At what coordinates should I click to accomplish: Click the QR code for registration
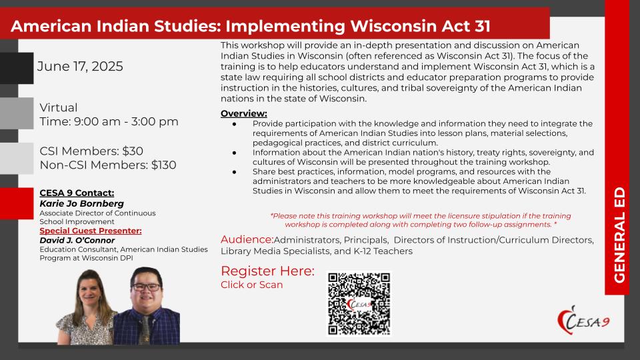(x=359, y=304)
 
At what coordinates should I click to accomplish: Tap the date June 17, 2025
(x=80, y=66)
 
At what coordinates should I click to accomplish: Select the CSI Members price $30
(x=133, y=151)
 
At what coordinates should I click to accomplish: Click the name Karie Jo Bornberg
(x=81, y=203)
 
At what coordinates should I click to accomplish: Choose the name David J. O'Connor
(x=77, y=241)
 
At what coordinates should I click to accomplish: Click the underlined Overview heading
(x=244, y=113)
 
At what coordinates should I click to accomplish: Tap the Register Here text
(x=268, y=271)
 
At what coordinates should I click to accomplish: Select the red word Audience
(x=247, y=239)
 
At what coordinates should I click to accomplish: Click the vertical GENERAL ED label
(x=619, y=235)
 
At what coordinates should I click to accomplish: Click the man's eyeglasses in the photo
(x=146, y=287)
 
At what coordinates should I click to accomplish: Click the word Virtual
(x=59, y=108)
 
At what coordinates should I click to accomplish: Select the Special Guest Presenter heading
(x=91, y=231)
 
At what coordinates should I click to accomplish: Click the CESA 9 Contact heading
(x=77, y=193)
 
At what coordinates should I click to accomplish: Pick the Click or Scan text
(x=252, y=285)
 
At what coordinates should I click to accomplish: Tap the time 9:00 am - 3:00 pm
(x=126, y=121)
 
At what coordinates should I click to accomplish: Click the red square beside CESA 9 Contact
(x=17, y=203)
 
